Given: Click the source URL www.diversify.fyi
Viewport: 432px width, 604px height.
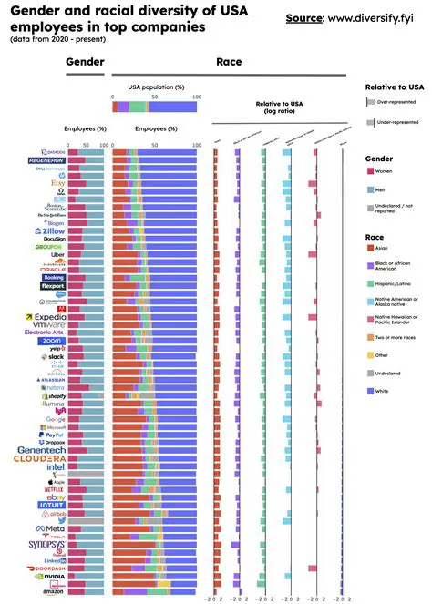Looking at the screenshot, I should [x=373, y=17].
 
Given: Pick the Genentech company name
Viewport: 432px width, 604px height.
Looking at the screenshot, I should [x=40, y=449].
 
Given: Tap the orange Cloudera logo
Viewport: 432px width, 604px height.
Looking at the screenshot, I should [x=39, y=459].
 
